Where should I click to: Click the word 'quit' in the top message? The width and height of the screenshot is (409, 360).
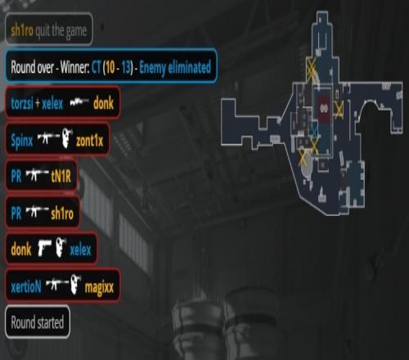tap(43, 30)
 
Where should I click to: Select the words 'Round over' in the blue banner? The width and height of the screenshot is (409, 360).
tap(32, 67)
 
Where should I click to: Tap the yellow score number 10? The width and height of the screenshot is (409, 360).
tap(110, 67)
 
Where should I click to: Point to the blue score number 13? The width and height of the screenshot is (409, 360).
tap(126, 67)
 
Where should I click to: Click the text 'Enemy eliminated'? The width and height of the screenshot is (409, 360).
tap(175, 67)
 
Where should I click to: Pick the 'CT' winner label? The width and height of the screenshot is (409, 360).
tap(97, 67)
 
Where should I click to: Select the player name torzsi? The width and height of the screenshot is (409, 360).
tap(22, 103)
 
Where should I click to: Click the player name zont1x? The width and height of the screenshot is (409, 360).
tap(90, 141)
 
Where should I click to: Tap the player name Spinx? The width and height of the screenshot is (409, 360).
tap(22, 141)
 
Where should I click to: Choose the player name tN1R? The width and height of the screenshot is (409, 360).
tap(61, 177)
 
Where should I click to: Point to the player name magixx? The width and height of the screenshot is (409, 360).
tap(99, 287)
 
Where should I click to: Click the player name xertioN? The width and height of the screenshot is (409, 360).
tap(26, 287)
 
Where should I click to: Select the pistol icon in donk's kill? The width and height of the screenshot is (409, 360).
tap(44, 248)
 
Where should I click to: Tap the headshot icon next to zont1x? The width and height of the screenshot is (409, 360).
tap(67, 138)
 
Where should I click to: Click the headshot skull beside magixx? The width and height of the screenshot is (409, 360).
tap(76, 284)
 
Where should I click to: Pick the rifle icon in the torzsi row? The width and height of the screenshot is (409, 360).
tap(79, 102)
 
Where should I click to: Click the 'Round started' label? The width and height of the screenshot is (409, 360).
tap(38, 322)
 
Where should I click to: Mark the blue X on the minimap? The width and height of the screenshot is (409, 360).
tap(315, 129)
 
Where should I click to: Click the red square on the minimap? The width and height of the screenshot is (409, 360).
tap(325, 108)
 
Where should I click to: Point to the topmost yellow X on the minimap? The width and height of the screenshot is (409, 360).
tap(311, 68)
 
